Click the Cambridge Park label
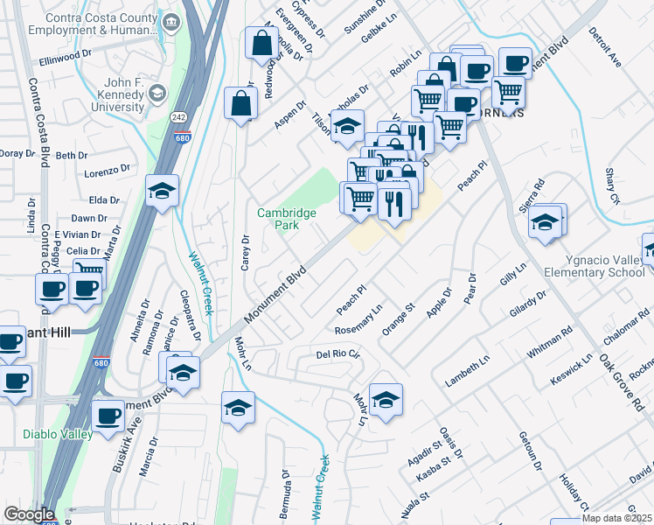coord(279,219)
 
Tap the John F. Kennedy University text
coord(102,94)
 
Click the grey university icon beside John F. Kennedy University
coord(157,93)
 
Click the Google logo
coord(28,514)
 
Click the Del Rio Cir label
coord(338,355)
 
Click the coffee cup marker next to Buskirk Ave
coord(108,416)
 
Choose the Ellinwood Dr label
coord(66,54)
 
